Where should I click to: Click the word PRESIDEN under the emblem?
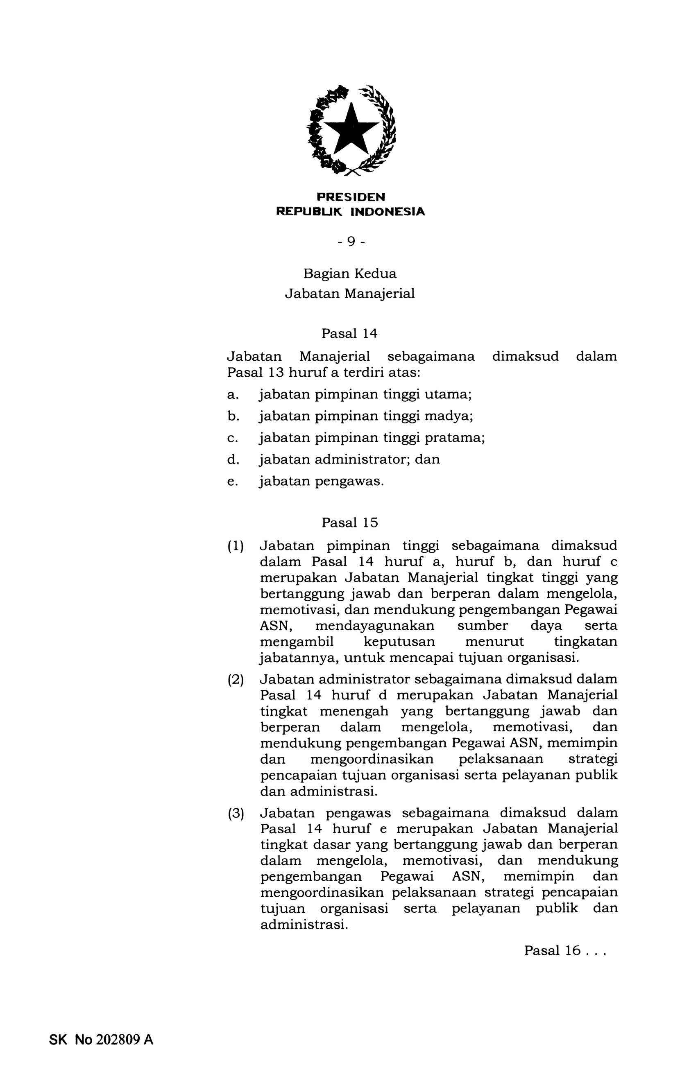coord(351,197)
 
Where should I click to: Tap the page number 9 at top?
coord(351,242)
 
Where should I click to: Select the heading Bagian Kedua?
coord(350,274)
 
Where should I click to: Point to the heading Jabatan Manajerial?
coord(350,294)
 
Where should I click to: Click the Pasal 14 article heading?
coord(349,333)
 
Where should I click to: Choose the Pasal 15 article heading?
coord(349,522)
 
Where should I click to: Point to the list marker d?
coord(233,459)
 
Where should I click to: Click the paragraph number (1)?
coord(235,546)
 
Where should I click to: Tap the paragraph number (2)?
coord(235,679)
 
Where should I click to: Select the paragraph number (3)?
coord(235,814)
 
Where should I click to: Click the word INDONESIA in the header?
coord(388,212)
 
